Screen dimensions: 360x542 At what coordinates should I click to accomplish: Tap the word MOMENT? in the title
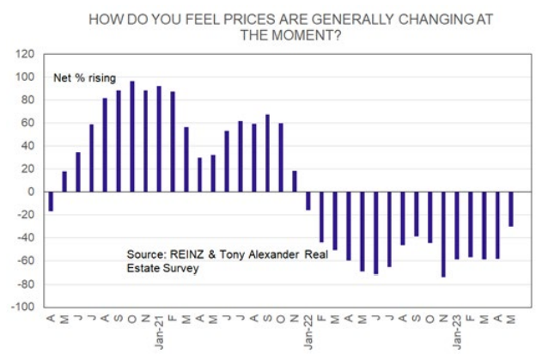(296, 35)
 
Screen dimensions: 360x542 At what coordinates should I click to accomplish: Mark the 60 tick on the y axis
(26, 123)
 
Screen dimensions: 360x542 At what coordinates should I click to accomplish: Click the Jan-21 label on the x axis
(159, 330)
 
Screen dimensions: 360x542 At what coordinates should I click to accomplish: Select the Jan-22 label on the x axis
(308, 330)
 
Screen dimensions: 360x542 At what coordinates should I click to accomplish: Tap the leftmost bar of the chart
(51, 201)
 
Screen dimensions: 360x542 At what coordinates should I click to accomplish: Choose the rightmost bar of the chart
(512, 209)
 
